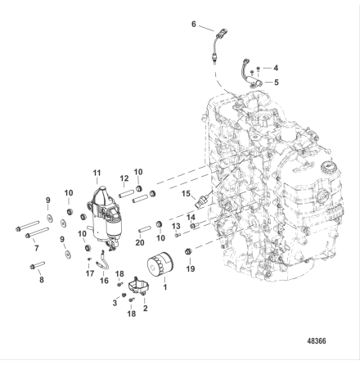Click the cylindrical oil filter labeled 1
click(x=160, y=265)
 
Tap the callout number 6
click(x=194, y=25)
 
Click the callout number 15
click(x=186, y=194)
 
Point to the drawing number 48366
click(x=317, y=341)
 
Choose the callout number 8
click(x=42, y=280)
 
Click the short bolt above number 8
click(x=37, y=265)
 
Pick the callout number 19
click(x=191, y=269)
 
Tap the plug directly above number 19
click(x=187, y=251)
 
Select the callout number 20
click(x=140, y=242)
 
